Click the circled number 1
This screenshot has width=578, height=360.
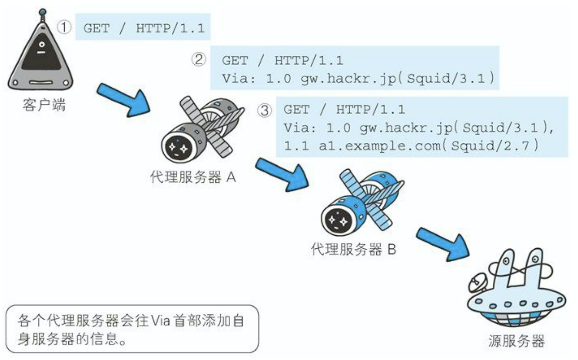[64, 27]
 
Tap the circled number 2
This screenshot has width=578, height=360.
[199, 60]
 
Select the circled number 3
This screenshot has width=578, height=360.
[265, 110]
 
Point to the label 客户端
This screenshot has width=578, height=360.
[44, 105]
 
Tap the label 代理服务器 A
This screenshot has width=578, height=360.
[193, 177]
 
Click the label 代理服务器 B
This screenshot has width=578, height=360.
[353, 249]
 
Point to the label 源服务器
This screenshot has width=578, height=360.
[516, 340]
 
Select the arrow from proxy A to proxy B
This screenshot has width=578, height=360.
[282, 174]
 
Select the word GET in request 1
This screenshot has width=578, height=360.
[96, 28]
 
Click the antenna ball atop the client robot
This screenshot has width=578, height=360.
[43, 13]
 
